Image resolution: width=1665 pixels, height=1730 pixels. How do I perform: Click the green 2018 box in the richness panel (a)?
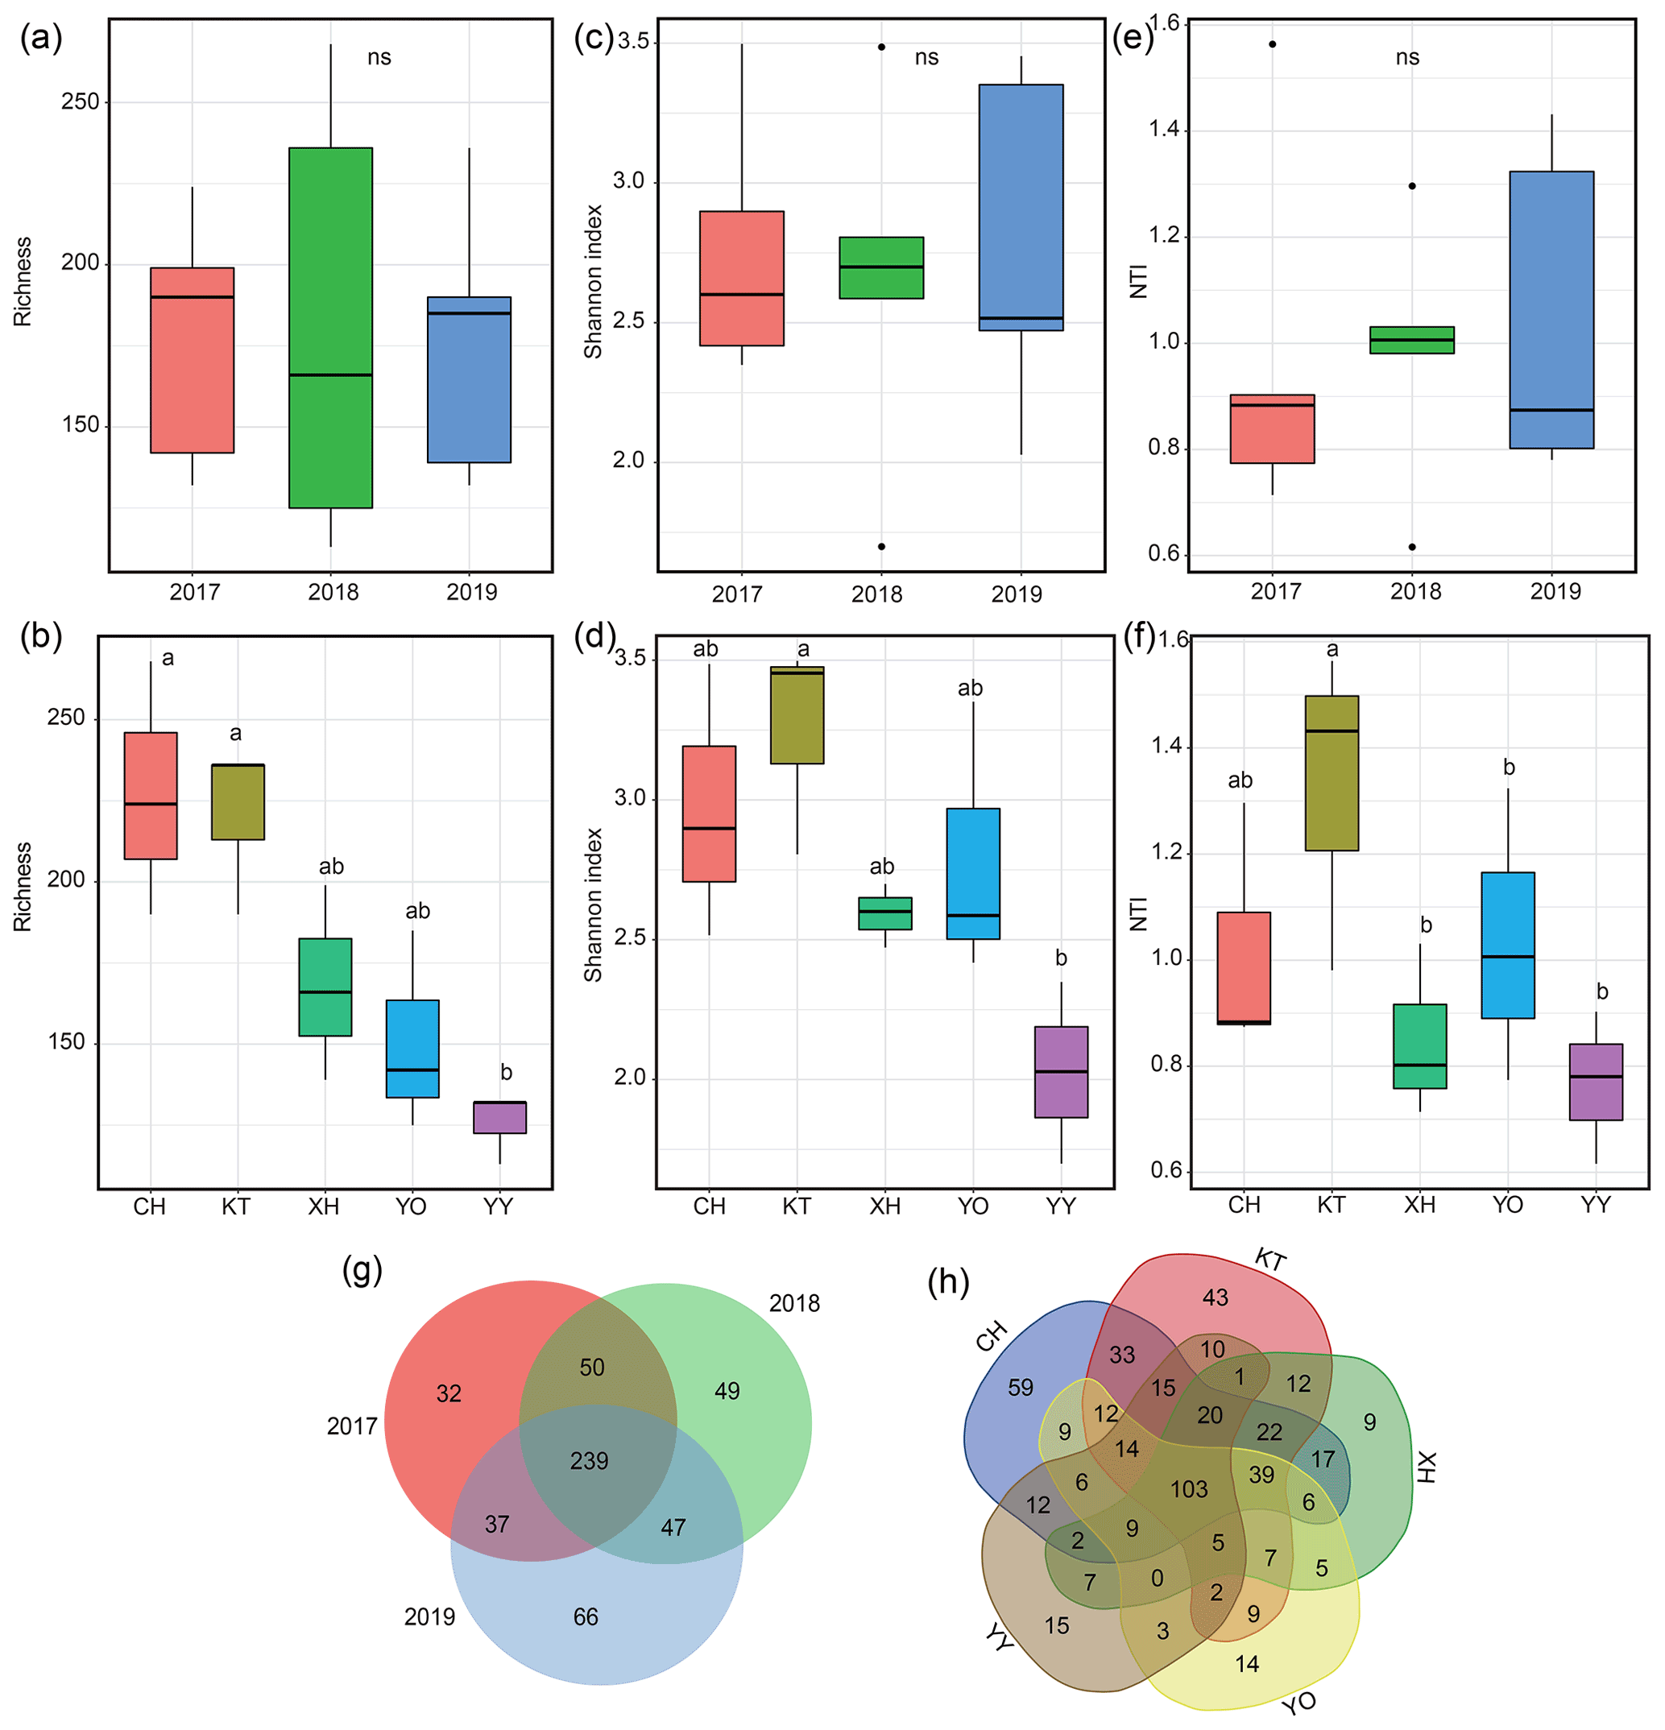tap(330, 326)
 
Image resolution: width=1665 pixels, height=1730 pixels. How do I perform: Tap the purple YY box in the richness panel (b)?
tap(499, 1116)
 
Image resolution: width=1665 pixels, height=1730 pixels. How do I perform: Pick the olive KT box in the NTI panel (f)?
tap(1332, 772)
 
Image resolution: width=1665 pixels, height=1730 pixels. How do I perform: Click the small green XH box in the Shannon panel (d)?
tap(884, 913)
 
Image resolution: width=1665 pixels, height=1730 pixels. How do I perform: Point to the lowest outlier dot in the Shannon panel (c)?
tap(881, 546)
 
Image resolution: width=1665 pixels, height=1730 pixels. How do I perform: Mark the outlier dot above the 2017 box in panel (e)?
tap(1272, 44)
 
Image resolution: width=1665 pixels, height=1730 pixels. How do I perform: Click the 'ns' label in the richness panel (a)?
tap(379, 57)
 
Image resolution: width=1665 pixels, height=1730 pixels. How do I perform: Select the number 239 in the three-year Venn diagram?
tap(589, 1461)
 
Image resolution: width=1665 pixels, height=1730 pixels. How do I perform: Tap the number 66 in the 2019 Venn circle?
tap(586, 1616)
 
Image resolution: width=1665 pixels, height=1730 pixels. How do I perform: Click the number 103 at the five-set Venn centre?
tap(1188, 1490)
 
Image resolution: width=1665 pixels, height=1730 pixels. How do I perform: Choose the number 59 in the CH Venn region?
tap(1021, 1388)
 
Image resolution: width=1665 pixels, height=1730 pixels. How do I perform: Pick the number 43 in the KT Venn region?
tap(1215, 1297)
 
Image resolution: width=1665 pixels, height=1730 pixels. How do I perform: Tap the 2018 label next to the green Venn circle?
tap(793, 1304)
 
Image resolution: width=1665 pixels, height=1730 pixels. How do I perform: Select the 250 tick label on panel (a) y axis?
tap(80, 101)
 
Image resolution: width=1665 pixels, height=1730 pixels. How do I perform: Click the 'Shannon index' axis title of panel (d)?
tap(592, 904)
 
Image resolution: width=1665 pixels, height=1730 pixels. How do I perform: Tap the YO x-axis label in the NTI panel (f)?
tap(1507, 1205)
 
